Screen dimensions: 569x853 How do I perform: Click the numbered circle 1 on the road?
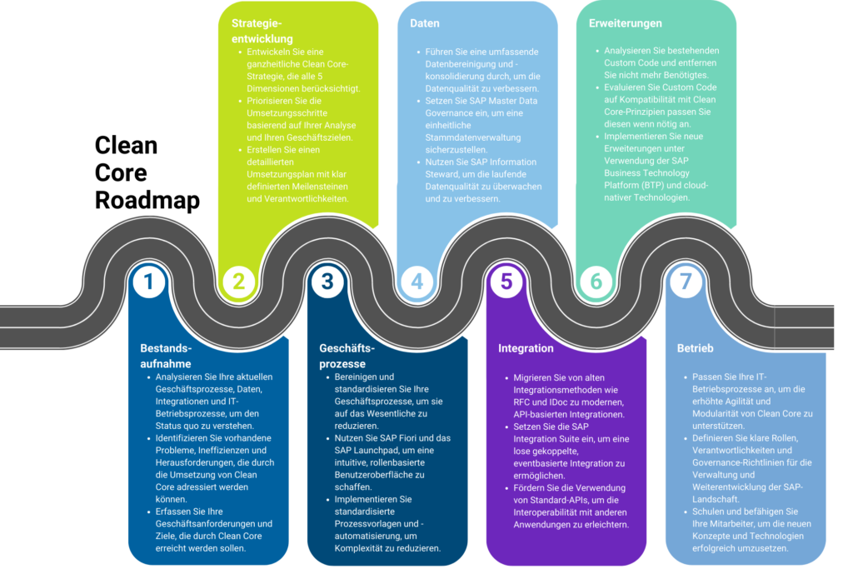coord(149,282)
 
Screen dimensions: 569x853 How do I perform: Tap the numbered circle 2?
coord(238,282)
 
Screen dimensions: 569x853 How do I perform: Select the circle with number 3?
coord(327,282)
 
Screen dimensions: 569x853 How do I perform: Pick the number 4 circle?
coord(417,282)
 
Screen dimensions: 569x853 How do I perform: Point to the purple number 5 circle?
coord(506,282)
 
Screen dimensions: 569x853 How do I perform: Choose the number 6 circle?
coord(596,282)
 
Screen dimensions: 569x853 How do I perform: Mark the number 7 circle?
coord(686,282)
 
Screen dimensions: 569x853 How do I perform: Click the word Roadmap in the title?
coord(147,200)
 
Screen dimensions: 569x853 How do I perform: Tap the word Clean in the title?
coord(127,145)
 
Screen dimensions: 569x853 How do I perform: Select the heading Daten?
coord(425,23)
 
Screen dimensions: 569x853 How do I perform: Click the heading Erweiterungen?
coord(625,23)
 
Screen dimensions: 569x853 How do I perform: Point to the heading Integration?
coord(526,348)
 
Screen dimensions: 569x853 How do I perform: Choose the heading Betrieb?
coord(695,348)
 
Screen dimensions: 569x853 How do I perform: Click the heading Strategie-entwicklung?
coord(262,31)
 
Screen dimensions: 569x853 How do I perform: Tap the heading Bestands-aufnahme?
coord(166,356)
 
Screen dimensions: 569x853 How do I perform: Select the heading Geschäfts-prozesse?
coord(347,356)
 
